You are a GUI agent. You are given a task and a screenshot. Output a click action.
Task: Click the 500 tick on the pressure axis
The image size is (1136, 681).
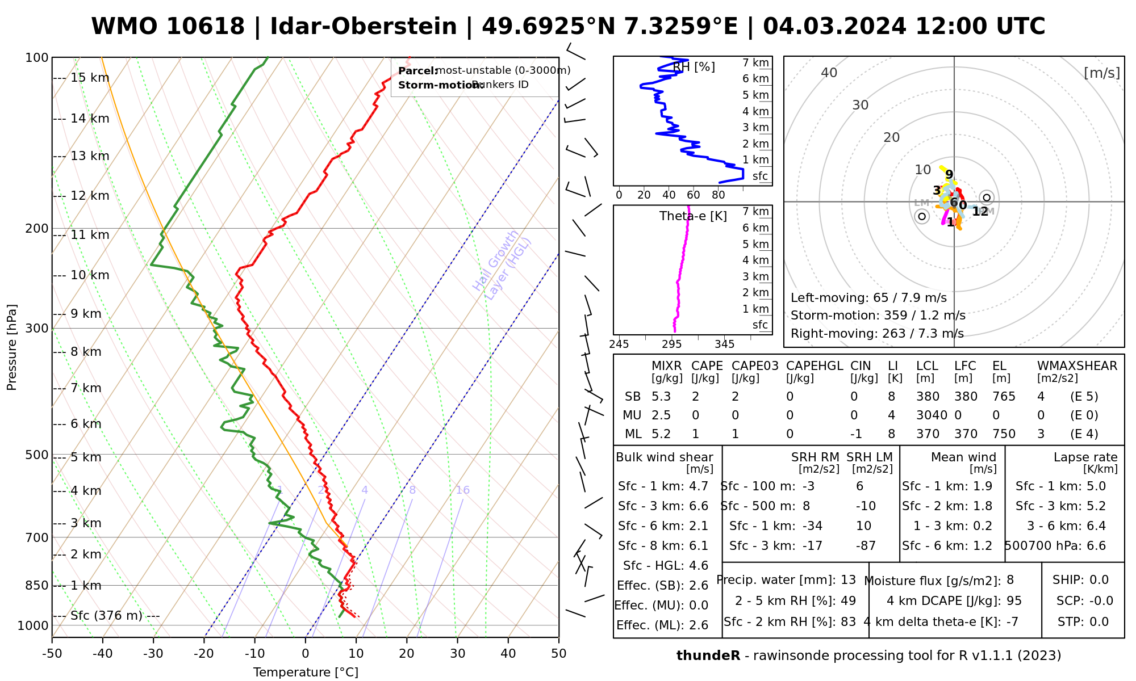pos(37,455)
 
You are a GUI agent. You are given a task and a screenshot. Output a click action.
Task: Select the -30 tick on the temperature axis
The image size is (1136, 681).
pos(153,654)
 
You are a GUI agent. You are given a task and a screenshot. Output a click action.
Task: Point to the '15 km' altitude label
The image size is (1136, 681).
pos(90,78)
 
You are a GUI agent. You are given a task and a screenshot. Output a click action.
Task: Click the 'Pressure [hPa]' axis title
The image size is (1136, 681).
pos(12,347)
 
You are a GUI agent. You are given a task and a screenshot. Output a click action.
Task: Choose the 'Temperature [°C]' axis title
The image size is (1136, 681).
pos(306,672)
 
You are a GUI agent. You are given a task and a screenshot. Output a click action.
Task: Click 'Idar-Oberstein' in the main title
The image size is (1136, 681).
pos(363,27)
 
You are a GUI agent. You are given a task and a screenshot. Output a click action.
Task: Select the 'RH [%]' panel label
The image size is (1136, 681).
pos(694,67)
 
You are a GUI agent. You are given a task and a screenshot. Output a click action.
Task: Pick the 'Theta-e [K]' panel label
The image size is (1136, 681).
pos(693,216)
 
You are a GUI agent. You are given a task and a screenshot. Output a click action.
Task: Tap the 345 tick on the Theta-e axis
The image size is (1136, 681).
pos(724,344)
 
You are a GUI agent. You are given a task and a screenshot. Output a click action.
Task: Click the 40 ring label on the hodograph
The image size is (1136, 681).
pos(829,73)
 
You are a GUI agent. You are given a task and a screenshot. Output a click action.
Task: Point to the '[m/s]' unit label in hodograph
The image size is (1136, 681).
pos(1101,73)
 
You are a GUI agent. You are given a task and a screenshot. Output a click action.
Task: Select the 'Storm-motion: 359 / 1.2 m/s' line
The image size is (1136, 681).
pos(878,316)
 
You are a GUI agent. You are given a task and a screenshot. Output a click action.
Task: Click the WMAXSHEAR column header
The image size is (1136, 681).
pos(1077,366)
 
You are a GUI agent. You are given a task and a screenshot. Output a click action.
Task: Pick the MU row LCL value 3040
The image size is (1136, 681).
pos(932,415)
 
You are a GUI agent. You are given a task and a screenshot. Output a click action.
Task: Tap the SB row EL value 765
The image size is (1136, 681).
pos(1004,397)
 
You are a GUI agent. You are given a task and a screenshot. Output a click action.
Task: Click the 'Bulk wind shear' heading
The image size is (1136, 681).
pos(664,457)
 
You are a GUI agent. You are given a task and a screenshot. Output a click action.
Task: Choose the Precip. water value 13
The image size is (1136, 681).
pos(848,580)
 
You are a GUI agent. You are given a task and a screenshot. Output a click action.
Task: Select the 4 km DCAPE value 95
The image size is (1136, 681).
pos(1014,601)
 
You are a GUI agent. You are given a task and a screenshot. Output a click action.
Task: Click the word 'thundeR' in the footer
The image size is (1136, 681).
pos(708,656)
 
